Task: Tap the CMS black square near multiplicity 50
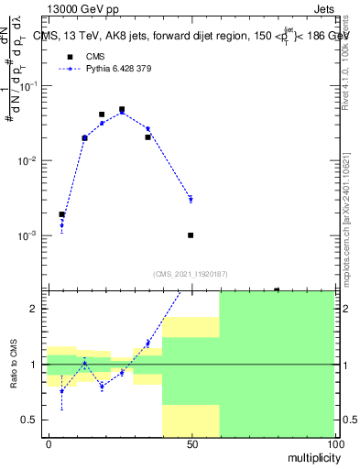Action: (191, 235)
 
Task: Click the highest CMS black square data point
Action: (122, 110)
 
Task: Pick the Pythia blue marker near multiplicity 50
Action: (191, 199)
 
